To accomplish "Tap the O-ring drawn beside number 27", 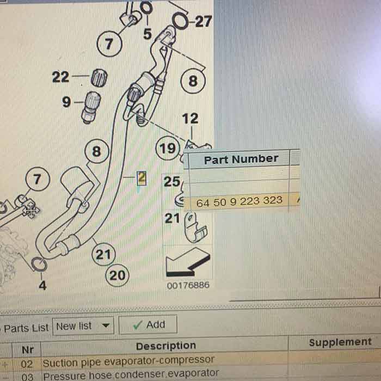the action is (x=180, y=21).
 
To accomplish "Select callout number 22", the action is (x=60, y=77).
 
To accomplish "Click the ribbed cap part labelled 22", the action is (x=99, y=78).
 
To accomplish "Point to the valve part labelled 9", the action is (x=91, y=107).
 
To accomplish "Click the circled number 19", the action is (x=168, y=148).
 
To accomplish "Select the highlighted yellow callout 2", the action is (x=142, y=178).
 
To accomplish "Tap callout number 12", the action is (x=190, y=119).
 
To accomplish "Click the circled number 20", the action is (x=118, y=275).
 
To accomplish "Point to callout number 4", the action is (x=42, y=285).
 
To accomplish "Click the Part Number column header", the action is (x=241, y=159).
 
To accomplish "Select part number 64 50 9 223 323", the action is (x=239, y=201).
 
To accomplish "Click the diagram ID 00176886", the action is (x=188, y=285).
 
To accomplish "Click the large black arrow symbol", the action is (x=188, y=263).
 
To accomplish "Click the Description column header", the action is (x=166, y=346).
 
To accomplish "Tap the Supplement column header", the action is (x=340, y=342).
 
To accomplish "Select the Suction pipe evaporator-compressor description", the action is (x=128, y=361).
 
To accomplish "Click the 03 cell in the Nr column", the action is (x=27, y=377).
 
